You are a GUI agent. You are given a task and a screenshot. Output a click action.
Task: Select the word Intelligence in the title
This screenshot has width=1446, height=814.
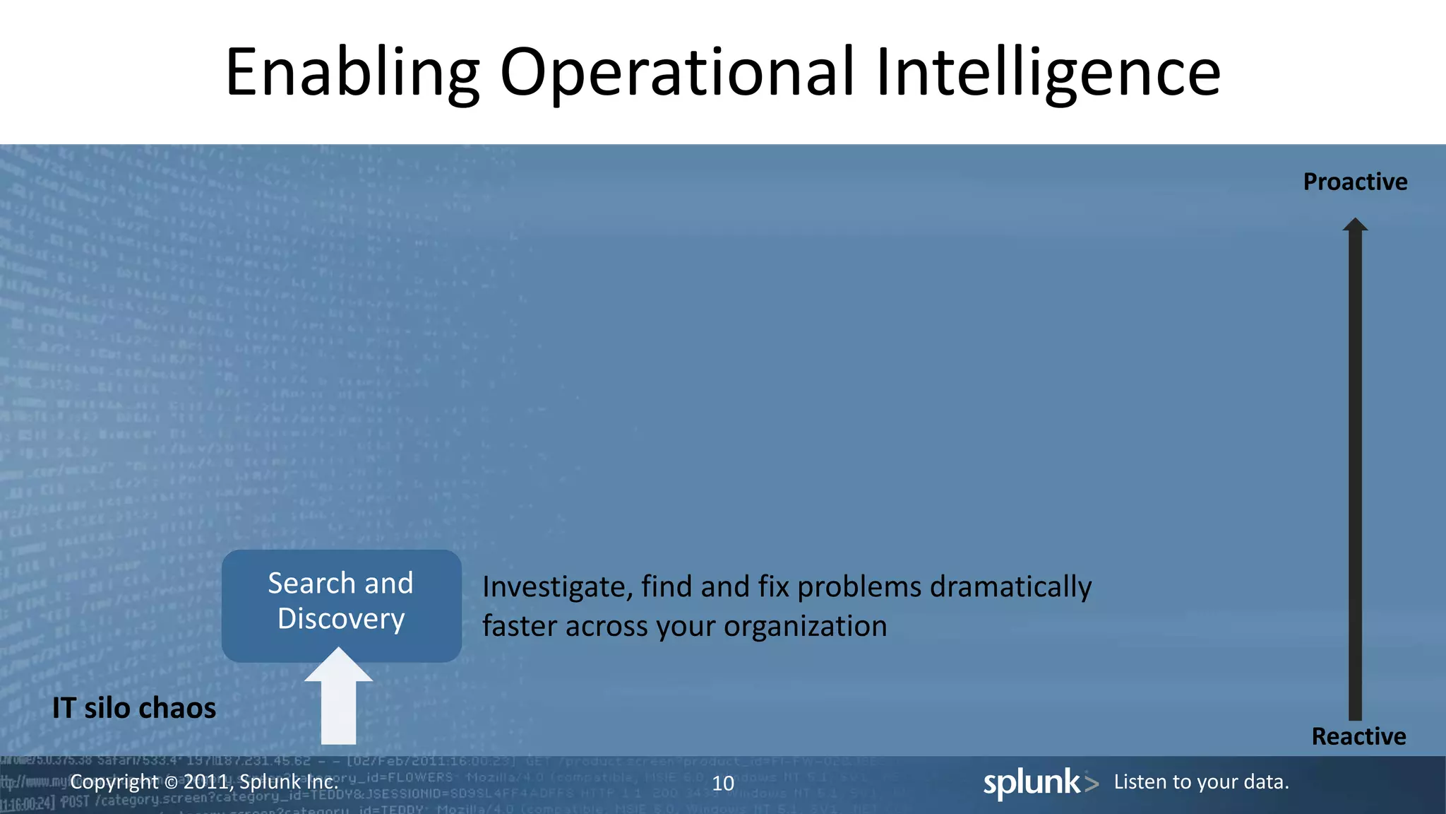pos(1048,73)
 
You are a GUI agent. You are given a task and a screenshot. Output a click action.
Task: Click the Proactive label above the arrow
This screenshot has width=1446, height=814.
pos(1355,182)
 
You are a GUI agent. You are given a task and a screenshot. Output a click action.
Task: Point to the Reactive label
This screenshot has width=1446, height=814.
pos(1358,737)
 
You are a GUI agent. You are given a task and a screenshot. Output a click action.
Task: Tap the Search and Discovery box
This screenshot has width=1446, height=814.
pos(341,605)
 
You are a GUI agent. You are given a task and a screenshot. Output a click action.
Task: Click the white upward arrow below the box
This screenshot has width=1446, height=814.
pos(339,700)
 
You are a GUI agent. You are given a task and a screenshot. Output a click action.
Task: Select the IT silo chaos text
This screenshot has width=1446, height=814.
pos(134,708)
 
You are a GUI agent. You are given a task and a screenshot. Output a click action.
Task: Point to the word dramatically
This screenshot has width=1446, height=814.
pos(1010,587)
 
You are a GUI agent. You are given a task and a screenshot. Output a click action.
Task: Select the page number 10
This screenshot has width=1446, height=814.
pos(723,783)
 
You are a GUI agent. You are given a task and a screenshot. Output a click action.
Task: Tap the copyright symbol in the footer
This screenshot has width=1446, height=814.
pos(171,782)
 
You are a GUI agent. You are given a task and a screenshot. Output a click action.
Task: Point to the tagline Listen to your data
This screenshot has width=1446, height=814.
pos(1201,782)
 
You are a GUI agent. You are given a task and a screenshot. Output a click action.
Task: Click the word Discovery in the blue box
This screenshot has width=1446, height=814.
pos(341,619)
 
